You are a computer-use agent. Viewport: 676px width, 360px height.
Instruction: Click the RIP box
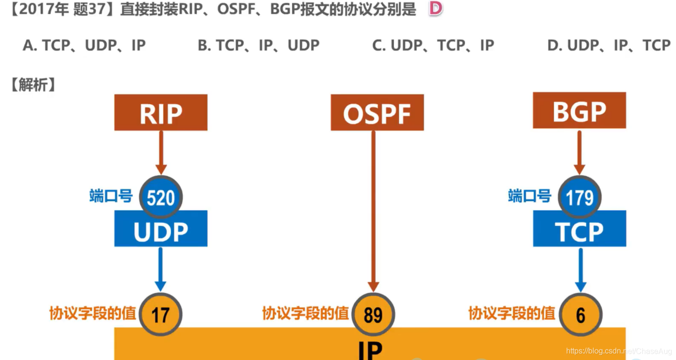click(161, 113)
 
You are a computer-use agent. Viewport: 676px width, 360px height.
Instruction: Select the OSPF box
click(377, 113)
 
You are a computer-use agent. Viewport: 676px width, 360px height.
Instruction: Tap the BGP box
click(579, 111)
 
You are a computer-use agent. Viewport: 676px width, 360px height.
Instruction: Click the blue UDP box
click(161, 231)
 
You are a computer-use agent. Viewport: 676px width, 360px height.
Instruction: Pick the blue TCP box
click(579, 231)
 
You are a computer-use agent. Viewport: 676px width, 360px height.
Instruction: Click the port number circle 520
click(161, 197)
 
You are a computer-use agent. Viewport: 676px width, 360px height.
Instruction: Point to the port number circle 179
click(580, 197)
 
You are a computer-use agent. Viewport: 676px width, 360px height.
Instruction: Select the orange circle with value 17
click(161, 315)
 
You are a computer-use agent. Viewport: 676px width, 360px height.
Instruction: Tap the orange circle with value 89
click(373, 315)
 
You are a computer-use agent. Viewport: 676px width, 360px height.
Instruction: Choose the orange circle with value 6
click(581, 315)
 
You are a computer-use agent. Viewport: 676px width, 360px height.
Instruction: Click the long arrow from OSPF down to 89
click(373, 210)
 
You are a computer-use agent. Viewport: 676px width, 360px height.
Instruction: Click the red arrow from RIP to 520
click(161, 152)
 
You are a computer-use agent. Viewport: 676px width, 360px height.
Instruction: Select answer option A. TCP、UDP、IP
click(84, 45)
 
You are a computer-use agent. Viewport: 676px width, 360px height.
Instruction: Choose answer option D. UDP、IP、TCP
click(609, 45)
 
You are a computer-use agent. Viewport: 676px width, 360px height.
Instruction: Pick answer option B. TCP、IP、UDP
click(258, 45)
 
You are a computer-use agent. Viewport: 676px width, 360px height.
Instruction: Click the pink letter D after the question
click(435, 9)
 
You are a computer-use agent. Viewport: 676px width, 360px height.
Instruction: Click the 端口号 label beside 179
click(529, 196)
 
